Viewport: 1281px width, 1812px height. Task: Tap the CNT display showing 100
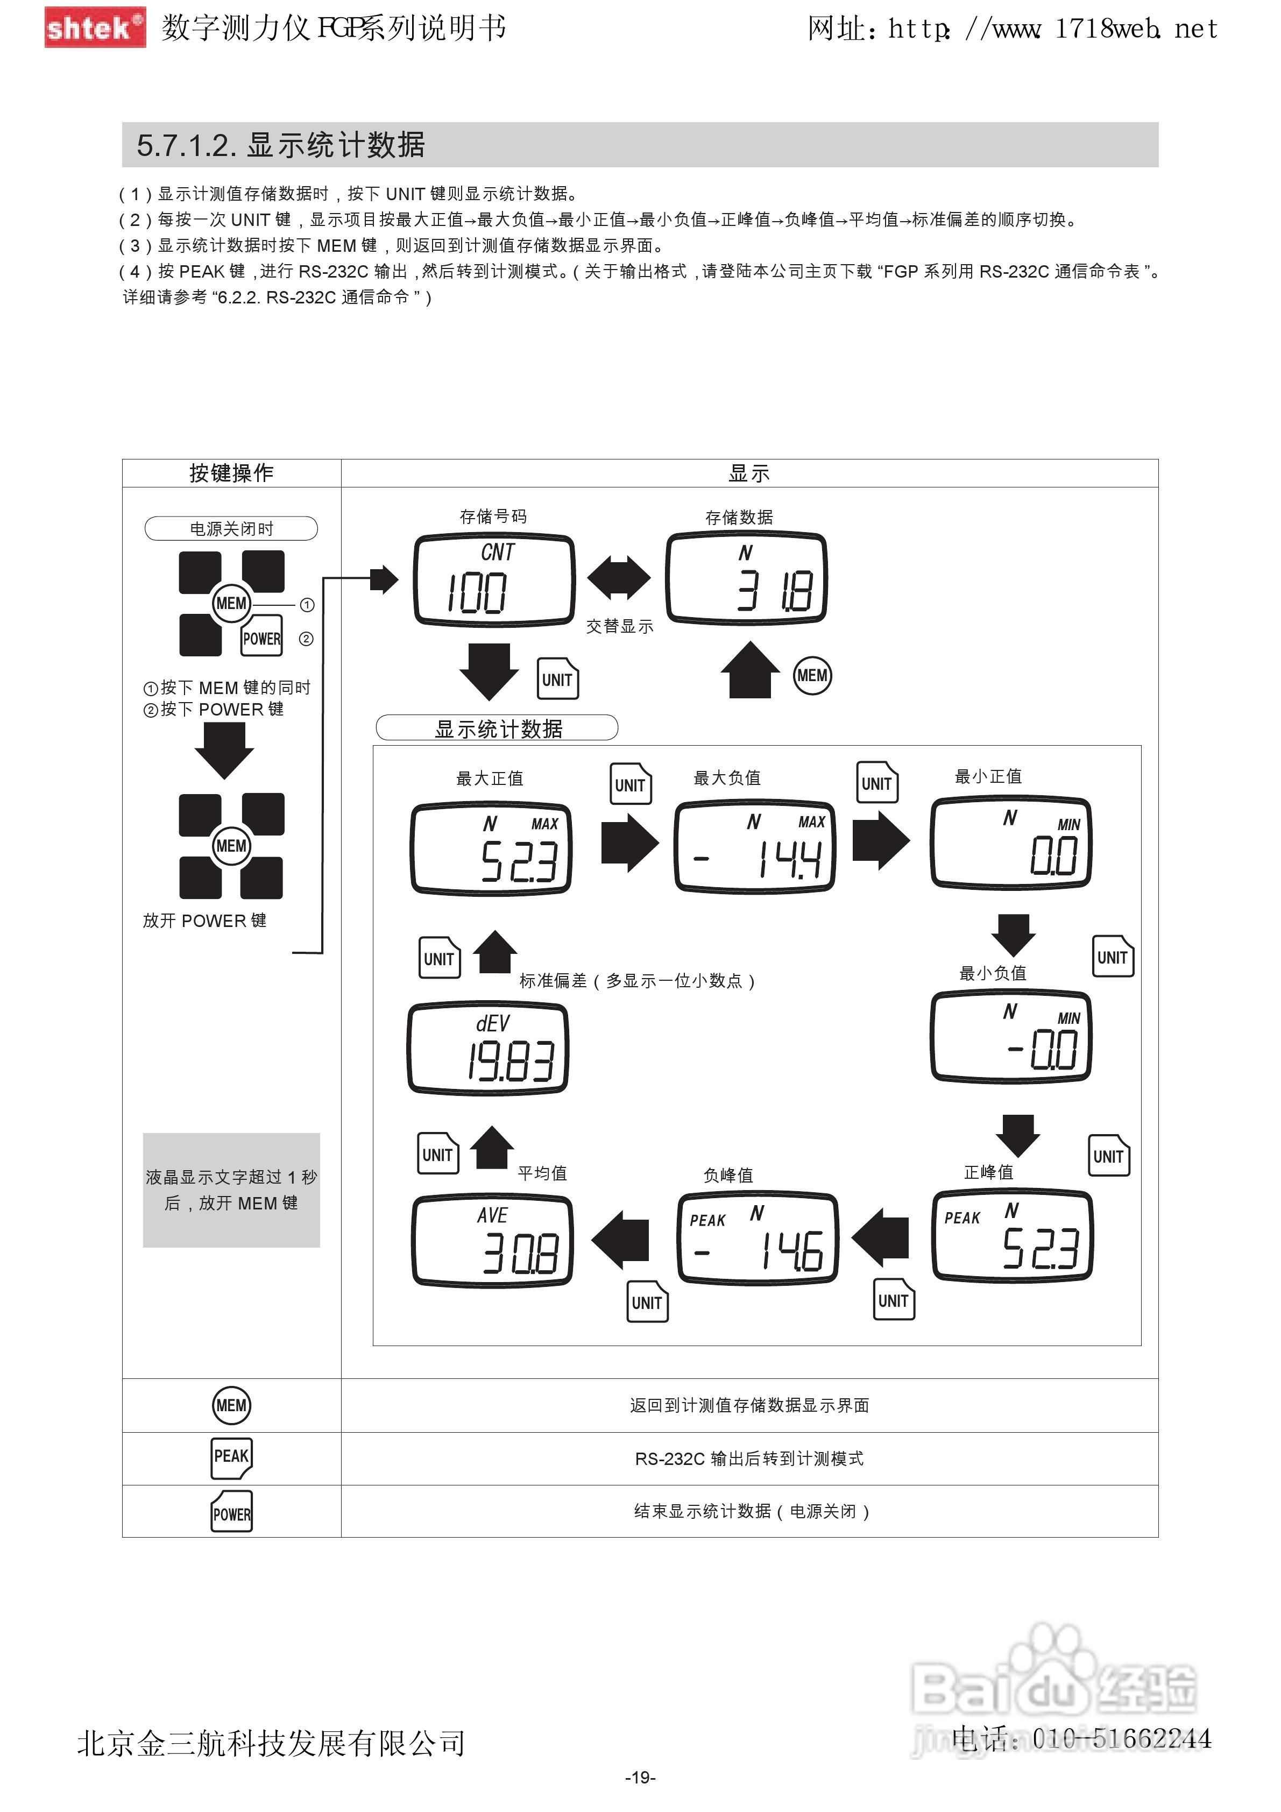click(494, 580)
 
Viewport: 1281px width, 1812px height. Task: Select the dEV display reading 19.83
click(488, 1048)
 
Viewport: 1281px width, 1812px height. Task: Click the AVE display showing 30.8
click(492, 1240)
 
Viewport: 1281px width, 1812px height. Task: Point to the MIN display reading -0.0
click(1011, 1036)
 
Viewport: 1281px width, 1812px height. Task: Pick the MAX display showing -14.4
click(754, 847)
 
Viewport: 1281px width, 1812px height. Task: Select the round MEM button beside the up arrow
click(812, 676)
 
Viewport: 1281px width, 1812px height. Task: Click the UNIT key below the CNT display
click(558, 679)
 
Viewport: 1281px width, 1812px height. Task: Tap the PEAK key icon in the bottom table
click(231, 1459)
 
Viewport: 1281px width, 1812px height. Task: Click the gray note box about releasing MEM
click(231, 1190)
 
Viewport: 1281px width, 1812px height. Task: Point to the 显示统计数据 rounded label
click(497, 727)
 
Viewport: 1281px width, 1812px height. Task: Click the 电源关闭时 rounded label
click(231, 528)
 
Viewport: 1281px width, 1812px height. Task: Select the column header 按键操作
click(231, 473)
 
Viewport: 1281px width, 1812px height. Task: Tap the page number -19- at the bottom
click(640, 1777)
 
